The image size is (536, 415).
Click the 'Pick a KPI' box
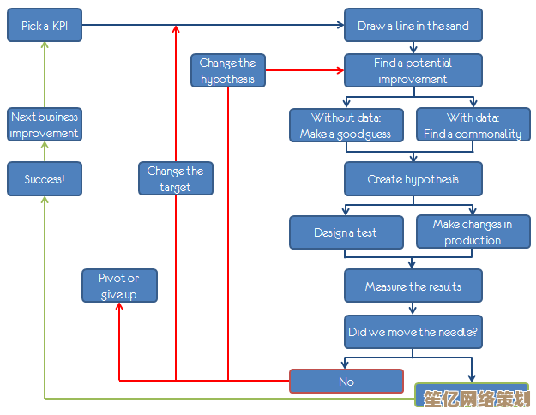[45, 26]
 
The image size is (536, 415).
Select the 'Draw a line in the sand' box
[413, 26]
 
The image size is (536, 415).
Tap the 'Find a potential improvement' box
[413, 70]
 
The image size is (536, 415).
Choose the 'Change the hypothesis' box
[228, 70]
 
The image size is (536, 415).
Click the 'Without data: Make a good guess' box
[346, 125]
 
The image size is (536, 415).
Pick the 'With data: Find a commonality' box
[473, 125]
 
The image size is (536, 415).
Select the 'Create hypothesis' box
[413, 179]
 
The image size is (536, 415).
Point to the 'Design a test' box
[346, 232]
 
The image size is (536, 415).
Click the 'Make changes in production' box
[473, 232]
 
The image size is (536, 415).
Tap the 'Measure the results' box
[413, 286]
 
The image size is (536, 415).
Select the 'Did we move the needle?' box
[413, 331]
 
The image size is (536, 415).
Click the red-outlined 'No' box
[346, 382]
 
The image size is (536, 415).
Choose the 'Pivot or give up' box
[119, 286]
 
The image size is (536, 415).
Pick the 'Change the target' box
[175, 178]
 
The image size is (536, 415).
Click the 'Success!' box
[45, 179]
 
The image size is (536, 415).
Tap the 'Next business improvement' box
[45, 125]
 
